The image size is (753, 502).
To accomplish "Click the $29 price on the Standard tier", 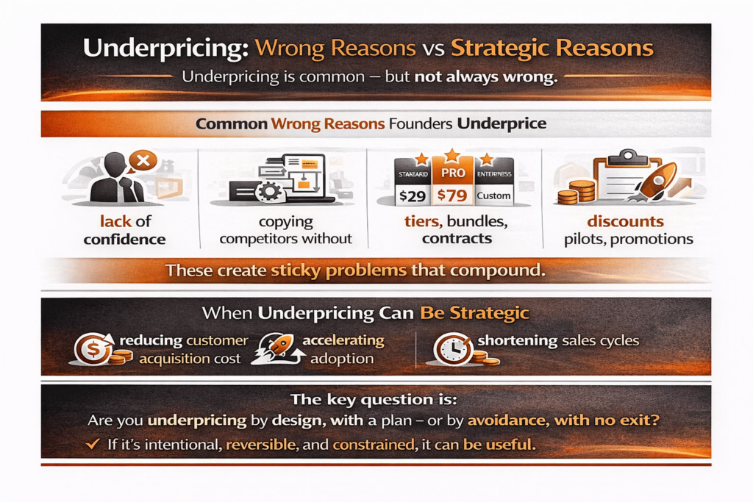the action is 413,196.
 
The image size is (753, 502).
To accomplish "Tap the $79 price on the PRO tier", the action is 452,196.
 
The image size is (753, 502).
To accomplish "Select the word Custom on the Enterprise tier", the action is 493,196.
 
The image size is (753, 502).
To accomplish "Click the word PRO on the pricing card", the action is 453,173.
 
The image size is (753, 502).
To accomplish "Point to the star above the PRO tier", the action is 452,155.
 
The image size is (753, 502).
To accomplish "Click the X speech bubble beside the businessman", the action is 143,161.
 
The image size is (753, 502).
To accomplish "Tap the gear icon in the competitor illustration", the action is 269,192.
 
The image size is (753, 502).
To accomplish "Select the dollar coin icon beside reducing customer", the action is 93,349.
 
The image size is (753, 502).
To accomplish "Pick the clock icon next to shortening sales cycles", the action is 453,349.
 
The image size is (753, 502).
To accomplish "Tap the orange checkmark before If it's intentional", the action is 93,444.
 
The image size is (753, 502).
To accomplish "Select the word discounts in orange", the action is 625,221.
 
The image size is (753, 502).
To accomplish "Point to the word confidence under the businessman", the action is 125,239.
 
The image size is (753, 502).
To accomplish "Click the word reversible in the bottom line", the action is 261,445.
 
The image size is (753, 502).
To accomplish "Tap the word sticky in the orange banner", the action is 296,270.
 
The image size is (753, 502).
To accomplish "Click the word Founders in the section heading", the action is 421,123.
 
